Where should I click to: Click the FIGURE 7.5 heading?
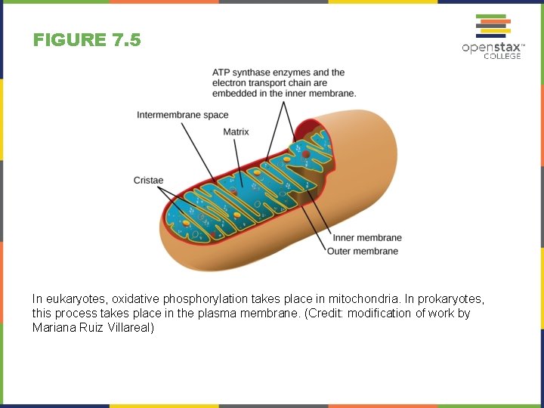click(x=87, y=40)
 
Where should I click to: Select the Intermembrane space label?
click(x=182, y=115)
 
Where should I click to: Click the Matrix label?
click(x=236, y=132)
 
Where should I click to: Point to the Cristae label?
click(x=148, y=180)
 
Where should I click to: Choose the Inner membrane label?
click(x=367, y=238)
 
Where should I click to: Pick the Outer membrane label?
click(x=363, y=251)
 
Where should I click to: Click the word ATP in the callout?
click(x=221, y=73)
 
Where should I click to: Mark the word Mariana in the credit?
click(x=52, y=328)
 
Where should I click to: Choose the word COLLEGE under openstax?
click(x=502, y=56)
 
